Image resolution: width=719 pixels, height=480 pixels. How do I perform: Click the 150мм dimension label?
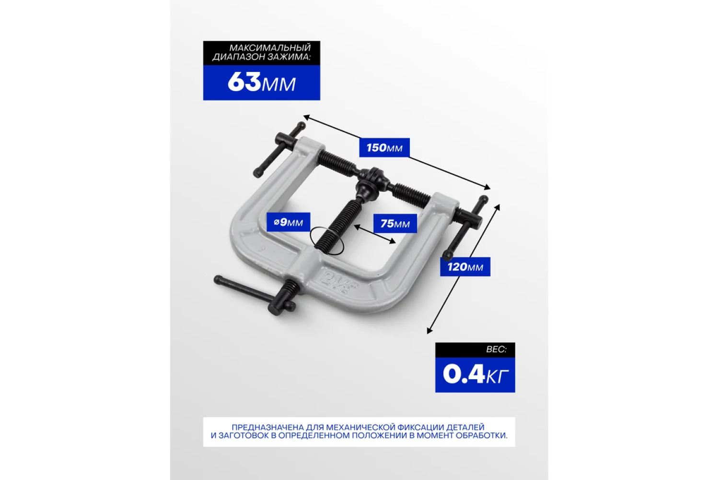click(384, 148)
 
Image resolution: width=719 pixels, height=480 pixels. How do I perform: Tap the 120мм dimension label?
click(465, 267)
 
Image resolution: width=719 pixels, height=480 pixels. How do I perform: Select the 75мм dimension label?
click(395, 224)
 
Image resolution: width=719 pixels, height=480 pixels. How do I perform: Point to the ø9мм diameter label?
click(288, 222)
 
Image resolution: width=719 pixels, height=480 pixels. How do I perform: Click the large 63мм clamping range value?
click(262, 83)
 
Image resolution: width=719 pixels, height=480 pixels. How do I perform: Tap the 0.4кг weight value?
click(475, 375)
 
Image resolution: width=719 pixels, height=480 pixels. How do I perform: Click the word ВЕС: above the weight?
click(496, 349)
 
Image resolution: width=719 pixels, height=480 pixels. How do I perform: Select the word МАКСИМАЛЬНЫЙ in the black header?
click(270, 48)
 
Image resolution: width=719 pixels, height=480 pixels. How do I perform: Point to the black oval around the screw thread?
click(327, 240)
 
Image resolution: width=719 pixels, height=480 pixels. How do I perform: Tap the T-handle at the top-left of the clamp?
click(280, 150)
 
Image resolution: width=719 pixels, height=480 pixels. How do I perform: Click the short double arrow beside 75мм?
click(374, 234)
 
